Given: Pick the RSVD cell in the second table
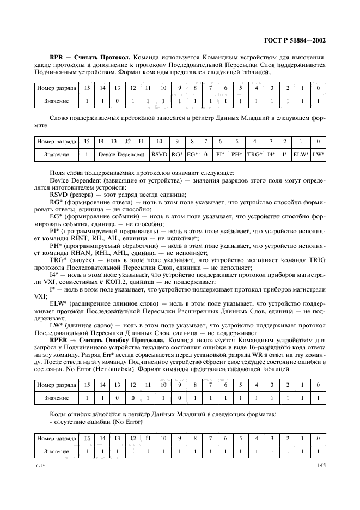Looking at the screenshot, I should pyautogui.click(x=159, y=155).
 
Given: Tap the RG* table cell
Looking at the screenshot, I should pyautogui.click(x=178, y=155).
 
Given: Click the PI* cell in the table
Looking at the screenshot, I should pyautogui.click(x=220, y=155).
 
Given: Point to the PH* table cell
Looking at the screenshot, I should pyautogui.click(x=236, y=155).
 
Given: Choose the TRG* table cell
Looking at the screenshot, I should pyautogui.click(x=254, y=155).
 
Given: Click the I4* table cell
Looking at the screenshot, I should pyautogui.click(x=271, y=155).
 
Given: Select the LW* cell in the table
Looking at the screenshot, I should pyautogui.click(x=319, y=155).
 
